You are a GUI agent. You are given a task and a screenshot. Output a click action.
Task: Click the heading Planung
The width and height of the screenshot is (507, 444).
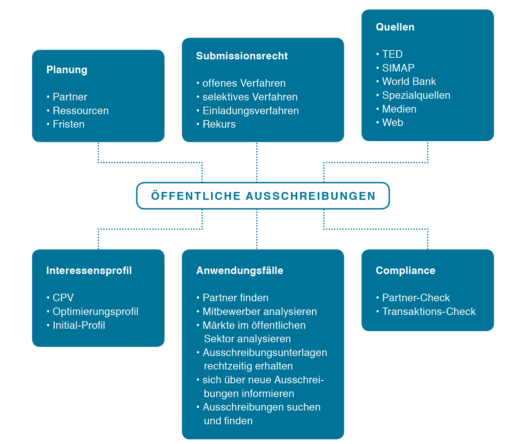click(67, 70)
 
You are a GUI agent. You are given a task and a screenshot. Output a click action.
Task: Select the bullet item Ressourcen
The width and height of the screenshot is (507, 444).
click(81, 111)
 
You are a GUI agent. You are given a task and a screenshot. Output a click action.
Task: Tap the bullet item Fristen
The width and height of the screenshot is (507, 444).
click(69, 124)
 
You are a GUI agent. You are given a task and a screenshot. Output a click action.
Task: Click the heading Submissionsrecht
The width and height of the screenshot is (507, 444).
click(242, 56)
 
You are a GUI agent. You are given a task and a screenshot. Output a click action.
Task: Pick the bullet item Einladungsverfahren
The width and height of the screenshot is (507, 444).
click(251, 111)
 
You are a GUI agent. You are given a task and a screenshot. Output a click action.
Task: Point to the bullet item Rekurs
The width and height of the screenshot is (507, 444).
click(219, 124)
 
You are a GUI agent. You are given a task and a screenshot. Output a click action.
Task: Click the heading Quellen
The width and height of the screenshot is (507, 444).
click(395, 27)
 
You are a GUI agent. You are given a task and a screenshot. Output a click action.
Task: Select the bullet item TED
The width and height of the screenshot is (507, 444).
click(392, 54)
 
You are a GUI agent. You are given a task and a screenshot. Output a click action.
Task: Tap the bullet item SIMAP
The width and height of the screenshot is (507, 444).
click(398, 68)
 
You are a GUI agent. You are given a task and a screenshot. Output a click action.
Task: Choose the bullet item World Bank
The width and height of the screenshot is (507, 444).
click(409, 81)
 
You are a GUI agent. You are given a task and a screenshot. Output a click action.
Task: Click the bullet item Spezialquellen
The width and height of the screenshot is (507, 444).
click(416, 95)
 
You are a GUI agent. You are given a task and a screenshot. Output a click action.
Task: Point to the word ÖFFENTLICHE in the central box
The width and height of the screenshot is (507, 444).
click(196, 196)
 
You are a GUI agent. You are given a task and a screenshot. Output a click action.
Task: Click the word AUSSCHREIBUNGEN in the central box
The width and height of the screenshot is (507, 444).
click(311, 196)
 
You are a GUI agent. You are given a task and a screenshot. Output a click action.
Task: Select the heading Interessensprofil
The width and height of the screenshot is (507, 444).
click(89, 270)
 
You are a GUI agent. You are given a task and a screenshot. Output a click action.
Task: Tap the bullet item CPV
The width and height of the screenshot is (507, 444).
click(63, 298)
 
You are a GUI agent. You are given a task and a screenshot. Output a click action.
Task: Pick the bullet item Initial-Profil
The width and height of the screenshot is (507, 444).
click(79, 325)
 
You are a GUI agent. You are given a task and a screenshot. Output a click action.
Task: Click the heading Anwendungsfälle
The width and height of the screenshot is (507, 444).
click(240, 270)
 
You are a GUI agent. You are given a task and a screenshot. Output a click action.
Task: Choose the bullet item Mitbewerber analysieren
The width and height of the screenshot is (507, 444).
click(260, 311)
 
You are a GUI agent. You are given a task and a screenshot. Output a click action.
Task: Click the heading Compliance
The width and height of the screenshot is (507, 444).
click(406, 271)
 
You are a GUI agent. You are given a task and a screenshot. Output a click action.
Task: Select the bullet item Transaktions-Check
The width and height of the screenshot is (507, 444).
click(429, 311)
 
